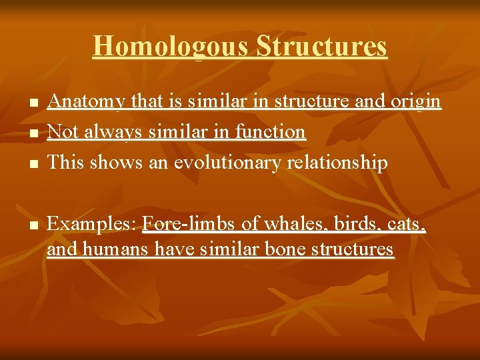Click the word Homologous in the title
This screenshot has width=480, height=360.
(x=171, y=47)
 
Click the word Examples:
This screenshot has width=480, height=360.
(x=92, y=225)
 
